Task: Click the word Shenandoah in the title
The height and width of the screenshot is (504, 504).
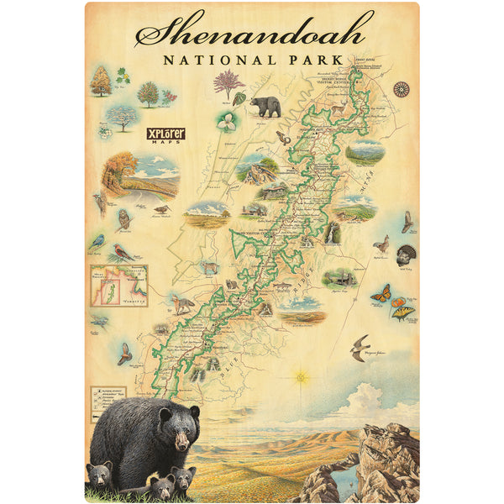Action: point(252,32)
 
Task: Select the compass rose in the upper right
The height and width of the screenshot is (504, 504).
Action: point(402,88)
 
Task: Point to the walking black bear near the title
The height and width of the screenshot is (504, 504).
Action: point(265,105)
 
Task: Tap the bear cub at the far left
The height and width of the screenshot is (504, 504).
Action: point(100,475)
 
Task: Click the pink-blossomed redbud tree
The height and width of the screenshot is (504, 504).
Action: point(227,81)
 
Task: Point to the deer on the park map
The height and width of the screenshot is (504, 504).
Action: point(210,268)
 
